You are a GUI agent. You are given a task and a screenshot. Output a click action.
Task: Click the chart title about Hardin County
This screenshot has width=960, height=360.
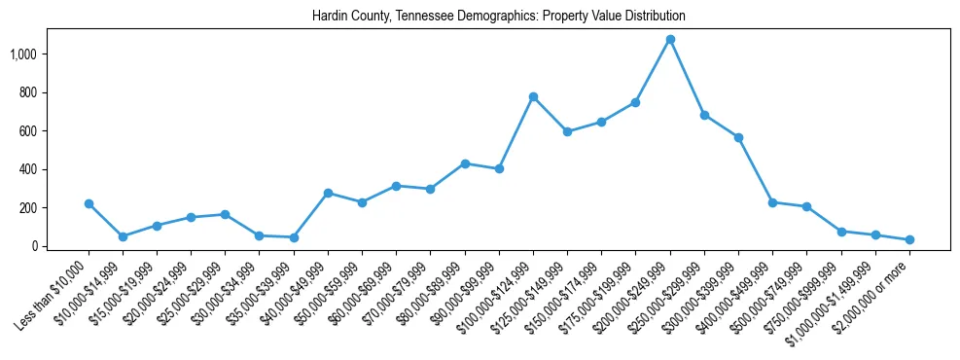tap(499, 17)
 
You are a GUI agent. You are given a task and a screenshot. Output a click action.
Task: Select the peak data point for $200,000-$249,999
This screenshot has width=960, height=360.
tap(670, 40)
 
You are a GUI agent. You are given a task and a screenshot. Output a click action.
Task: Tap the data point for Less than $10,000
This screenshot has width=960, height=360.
tap(89, 204)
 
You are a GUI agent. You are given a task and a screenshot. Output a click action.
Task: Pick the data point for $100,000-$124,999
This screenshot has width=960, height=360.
tap(533, 97)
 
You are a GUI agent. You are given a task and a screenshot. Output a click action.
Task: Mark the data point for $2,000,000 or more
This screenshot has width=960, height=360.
tap(909, 239)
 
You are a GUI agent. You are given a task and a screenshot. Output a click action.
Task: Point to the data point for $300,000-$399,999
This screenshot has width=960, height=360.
tap(738, 137)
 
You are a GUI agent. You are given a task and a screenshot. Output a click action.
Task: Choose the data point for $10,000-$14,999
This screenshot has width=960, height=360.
tap(123, 236)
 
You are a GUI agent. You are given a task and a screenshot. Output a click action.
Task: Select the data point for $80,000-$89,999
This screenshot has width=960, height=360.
tap(465, 163)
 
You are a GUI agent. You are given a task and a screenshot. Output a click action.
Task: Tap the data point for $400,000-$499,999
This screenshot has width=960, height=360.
tap(772, 202)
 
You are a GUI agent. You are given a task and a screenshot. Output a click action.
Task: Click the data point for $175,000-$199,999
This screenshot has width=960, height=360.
tap(636, 102)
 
